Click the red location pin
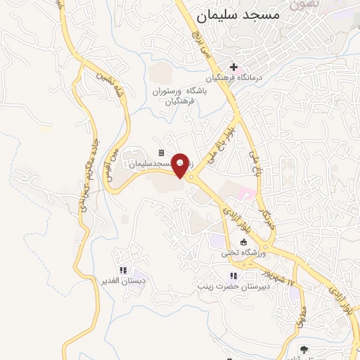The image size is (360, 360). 181,165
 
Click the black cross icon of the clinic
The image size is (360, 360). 233,67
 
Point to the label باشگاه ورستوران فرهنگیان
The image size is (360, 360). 179,96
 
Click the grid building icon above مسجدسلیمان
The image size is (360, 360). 161,153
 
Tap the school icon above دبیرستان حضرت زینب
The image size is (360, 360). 234,275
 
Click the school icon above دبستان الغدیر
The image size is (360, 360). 123,270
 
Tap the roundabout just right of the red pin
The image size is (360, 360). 191,176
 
